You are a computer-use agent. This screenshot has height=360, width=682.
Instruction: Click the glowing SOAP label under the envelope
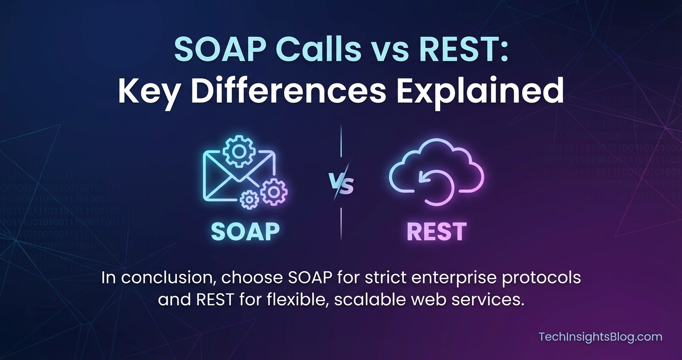point(245,231)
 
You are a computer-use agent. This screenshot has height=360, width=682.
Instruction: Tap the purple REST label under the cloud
point(437,232)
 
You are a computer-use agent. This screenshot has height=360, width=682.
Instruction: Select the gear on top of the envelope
point(239,151)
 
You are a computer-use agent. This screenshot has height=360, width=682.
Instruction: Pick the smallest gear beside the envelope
point(249,200)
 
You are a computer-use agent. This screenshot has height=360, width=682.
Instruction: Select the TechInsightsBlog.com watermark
point(600,337)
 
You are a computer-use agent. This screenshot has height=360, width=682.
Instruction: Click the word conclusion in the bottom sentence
point(169,278)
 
